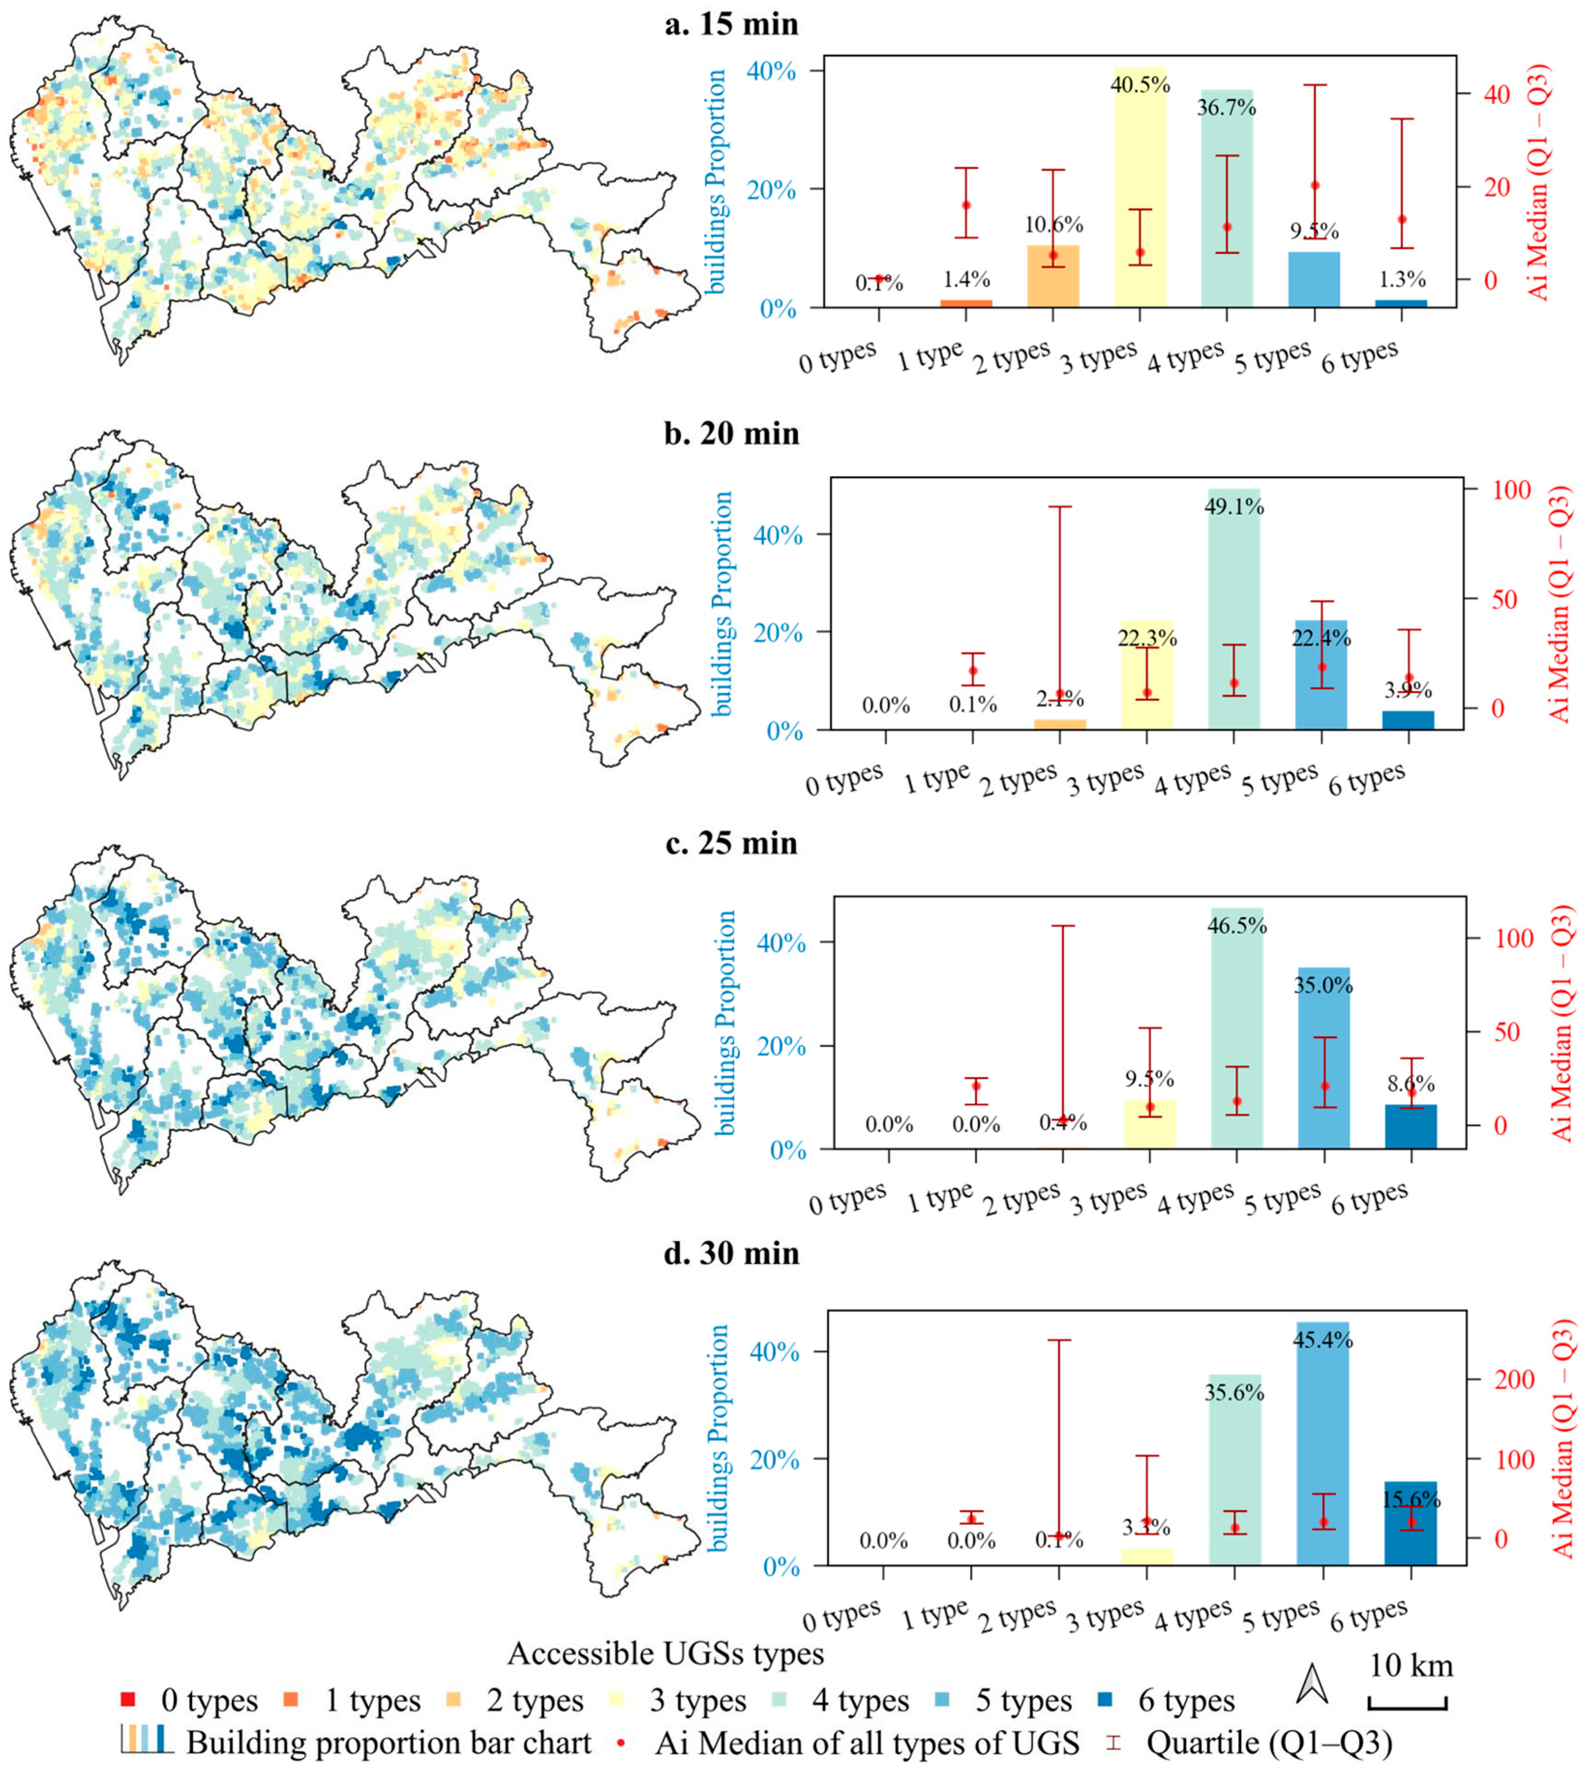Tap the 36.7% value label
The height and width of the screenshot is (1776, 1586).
click(x=1227, y=108)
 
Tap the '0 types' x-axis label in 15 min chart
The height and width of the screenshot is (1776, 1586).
click(x=838, y=358)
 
